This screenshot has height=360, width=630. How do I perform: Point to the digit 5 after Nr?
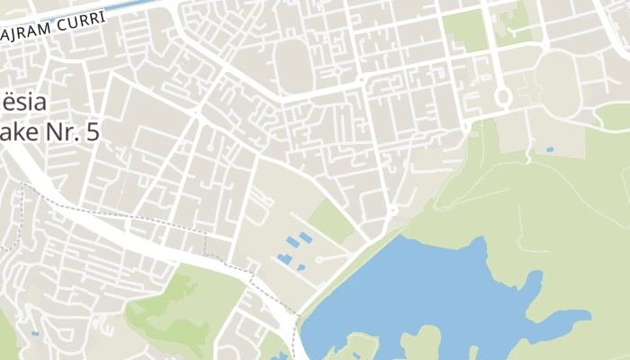[x=89, y=131]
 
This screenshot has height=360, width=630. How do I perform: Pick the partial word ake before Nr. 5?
[x=13, y=131]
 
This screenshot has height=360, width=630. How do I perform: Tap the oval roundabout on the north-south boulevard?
[x=502, y=95]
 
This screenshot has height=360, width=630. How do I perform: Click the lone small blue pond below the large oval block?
[x=549, y=149]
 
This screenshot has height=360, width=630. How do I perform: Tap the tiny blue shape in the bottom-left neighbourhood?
[x=34, y=334]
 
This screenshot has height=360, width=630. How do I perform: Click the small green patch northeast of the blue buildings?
[x=331, y=221]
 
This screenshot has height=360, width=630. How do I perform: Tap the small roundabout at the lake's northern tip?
[x=393, y=211]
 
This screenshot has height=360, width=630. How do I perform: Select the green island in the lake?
[x=360, y=346]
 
